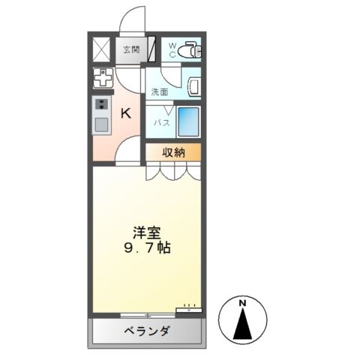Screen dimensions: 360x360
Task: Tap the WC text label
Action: coord(172,49)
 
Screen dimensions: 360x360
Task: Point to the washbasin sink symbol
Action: coord(192,86)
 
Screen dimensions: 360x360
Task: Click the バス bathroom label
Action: coord(162,121)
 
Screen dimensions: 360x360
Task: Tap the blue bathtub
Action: coord(188,121)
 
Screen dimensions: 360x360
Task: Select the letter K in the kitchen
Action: coord(127,113)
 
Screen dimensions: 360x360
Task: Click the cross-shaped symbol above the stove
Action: coord(101,77)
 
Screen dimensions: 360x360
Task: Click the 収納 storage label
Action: coord(174,151)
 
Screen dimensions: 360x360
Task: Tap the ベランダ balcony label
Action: coord(146,332)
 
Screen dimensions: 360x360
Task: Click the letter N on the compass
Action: coord(242,303)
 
